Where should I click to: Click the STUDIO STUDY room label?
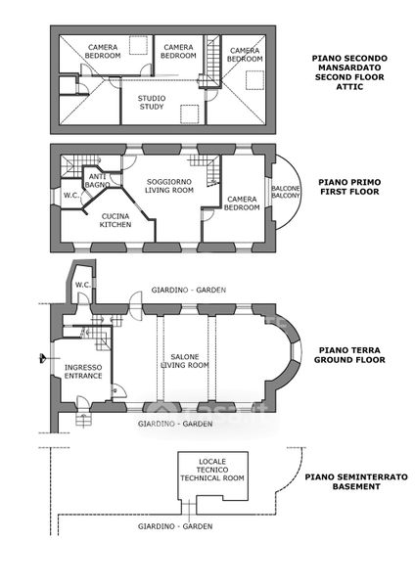pos(152,103)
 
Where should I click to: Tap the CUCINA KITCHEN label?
pos(115,220)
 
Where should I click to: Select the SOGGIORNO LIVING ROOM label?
pos(169,186)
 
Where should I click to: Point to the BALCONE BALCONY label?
pos(286,192)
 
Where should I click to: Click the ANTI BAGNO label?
pos(97,180)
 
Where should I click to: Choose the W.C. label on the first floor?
pos(70,195)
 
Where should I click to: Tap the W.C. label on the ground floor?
pos(83,285)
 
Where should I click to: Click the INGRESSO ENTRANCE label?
pos(83,372)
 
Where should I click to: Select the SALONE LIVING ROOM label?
pos(185,361)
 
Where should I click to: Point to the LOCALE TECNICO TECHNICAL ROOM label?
pos(212,470)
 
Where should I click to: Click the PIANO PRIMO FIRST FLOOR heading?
pos(349,187)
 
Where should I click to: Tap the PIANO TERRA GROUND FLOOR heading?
pos(349,355)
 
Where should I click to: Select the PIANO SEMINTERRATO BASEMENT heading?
pos(356,481)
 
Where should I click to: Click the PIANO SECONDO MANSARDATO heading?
pos(349,63)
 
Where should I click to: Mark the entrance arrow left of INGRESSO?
pos(43,358)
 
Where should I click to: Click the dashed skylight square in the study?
pos(189,114)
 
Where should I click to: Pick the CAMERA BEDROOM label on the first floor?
pos(242,203)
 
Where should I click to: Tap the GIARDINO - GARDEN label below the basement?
pos(175,526)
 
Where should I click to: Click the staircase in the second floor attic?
pos(211,61)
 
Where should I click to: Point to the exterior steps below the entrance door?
pos(83,420)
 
